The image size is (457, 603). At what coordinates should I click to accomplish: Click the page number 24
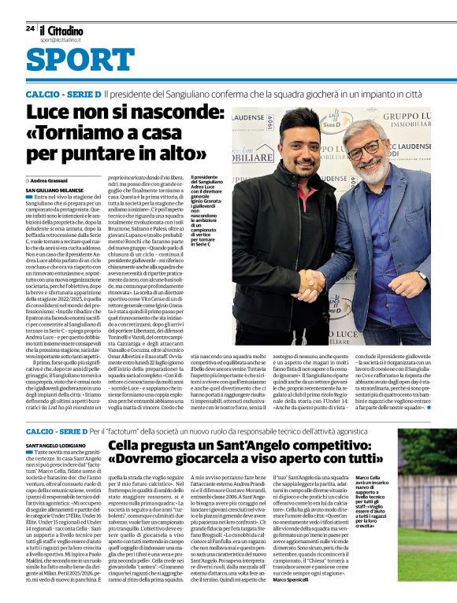tap(30, 28)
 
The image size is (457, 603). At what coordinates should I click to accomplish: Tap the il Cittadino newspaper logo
tap(61, 28)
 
